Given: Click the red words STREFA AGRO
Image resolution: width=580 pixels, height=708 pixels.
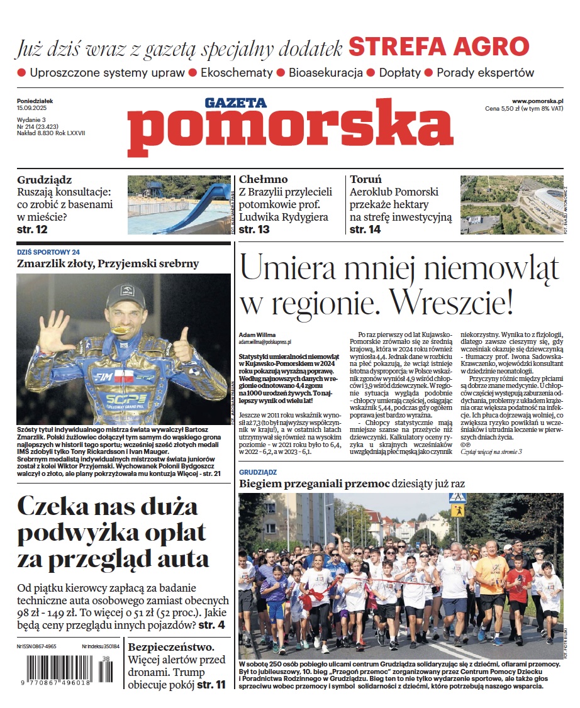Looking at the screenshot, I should (438, 47).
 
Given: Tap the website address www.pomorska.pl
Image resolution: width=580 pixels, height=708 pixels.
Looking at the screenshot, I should (537, 101).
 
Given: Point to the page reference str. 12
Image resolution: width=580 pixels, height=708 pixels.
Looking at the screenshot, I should (33, 230).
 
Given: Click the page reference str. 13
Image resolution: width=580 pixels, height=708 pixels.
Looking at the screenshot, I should (254, 230).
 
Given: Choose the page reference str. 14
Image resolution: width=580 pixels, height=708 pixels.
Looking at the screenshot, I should (365, 230).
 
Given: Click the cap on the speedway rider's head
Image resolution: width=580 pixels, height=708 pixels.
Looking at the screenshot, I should (126, 295).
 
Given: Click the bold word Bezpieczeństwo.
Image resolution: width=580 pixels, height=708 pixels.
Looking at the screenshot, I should (170, 646).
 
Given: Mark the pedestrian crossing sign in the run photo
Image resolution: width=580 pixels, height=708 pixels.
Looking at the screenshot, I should (457, 499).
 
